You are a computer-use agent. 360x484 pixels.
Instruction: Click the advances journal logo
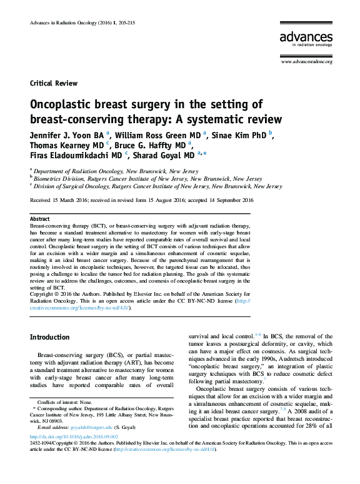306,39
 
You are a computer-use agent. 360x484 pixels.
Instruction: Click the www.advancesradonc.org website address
306,62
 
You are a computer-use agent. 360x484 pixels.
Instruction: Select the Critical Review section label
54,83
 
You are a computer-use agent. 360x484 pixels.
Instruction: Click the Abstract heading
41,219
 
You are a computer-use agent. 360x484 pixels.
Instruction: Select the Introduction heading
50,337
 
